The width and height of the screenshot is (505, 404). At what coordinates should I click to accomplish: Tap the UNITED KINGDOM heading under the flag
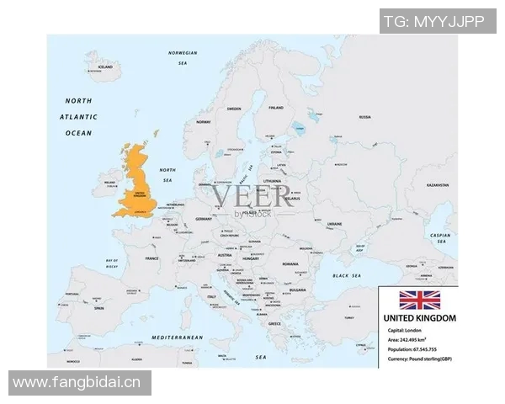point(418,319)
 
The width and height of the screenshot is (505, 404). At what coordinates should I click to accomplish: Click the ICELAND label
point(105,66)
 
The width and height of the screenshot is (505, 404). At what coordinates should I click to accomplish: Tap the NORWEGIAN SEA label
point(183,56)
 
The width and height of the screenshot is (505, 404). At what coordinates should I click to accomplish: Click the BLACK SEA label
point(346,275)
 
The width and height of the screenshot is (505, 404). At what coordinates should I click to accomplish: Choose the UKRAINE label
point(333,224)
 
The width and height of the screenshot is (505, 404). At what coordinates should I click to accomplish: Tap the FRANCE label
point(151,258)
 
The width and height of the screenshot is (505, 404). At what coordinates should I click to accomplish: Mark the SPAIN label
point(98,308)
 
